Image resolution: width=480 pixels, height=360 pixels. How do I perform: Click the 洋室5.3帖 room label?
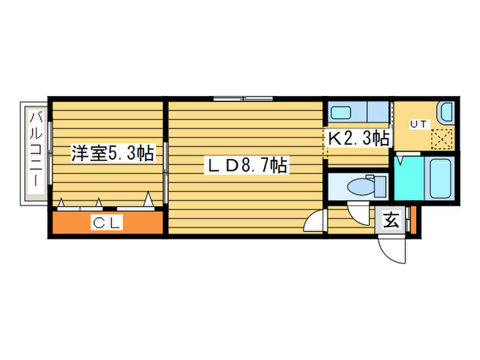112,154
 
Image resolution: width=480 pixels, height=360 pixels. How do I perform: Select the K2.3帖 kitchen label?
359,138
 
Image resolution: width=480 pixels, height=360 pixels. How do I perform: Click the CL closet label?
108,222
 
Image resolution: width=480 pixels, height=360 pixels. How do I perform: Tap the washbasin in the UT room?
446,112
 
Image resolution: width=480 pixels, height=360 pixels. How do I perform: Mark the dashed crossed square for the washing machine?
441,139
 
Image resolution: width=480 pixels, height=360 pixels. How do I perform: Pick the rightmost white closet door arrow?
147,200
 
